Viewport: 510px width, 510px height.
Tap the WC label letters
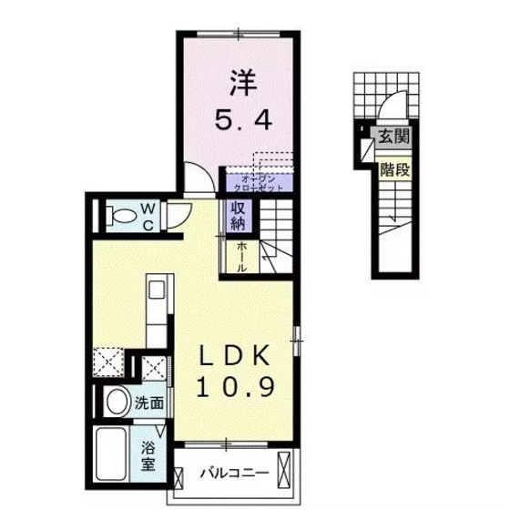(x=148, y=217)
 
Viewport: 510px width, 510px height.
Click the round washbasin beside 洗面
(x=116, y=402)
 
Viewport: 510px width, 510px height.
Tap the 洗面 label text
(x=150, y=402)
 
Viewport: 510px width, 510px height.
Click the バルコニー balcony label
(x=234, y=474)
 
